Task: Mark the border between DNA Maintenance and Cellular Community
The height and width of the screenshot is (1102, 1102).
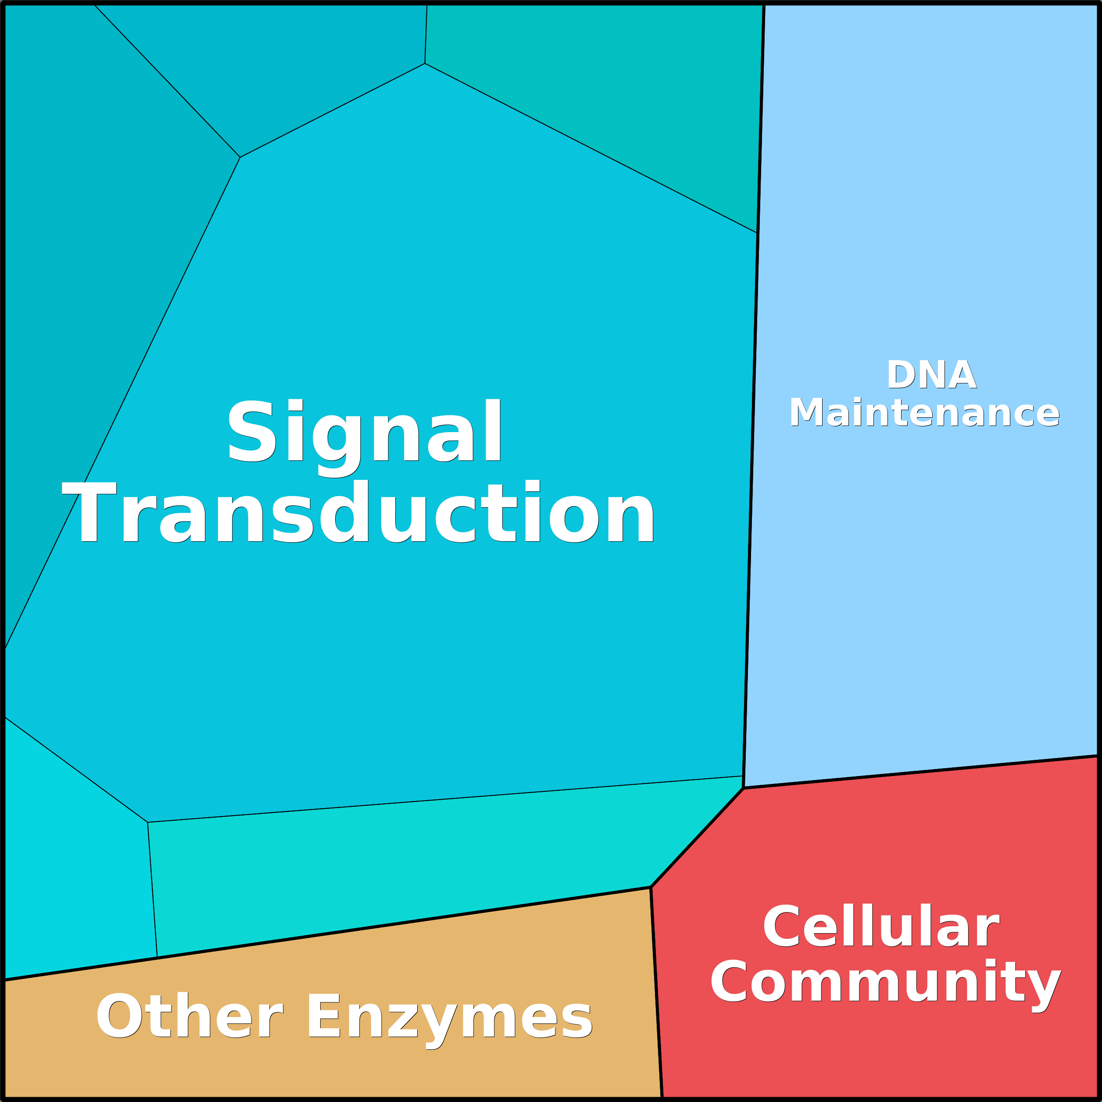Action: tap(921, 772)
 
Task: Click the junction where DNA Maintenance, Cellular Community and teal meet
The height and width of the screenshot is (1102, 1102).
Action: tap(743, 788)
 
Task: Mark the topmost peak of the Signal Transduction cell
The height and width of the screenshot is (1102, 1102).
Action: tap(425, 63)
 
